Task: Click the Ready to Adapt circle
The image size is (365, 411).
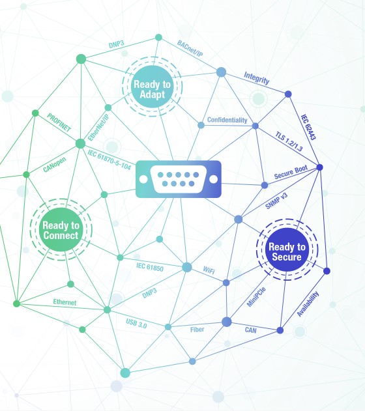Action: point(152,87)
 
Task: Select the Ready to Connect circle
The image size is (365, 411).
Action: point(61,230)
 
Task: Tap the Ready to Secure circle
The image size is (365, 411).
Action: point(287,249)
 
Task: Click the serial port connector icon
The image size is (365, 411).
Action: point(179,179)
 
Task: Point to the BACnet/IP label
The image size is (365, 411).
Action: point(190,49)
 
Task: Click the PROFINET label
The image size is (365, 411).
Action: point(59,122)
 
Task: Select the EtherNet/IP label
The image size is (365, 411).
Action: point(98,128)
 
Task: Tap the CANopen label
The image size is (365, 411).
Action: point(55,165)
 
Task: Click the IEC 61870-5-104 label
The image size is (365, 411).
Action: point(109,160)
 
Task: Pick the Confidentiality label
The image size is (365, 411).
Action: point(227,120)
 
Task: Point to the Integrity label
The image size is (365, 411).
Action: point(256,78)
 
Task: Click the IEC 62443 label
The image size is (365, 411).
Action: point(308,127)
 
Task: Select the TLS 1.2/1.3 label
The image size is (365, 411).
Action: point(289,141)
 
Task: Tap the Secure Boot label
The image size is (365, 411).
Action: point(291,172)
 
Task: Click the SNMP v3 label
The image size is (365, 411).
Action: point(276,201)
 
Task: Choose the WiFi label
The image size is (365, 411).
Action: point(209,270)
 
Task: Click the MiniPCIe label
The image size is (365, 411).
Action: point(256,297)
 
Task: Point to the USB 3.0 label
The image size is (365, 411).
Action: point(136,324)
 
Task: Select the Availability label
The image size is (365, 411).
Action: point(308,304)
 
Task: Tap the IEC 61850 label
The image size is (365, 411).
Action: point(150,267)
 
